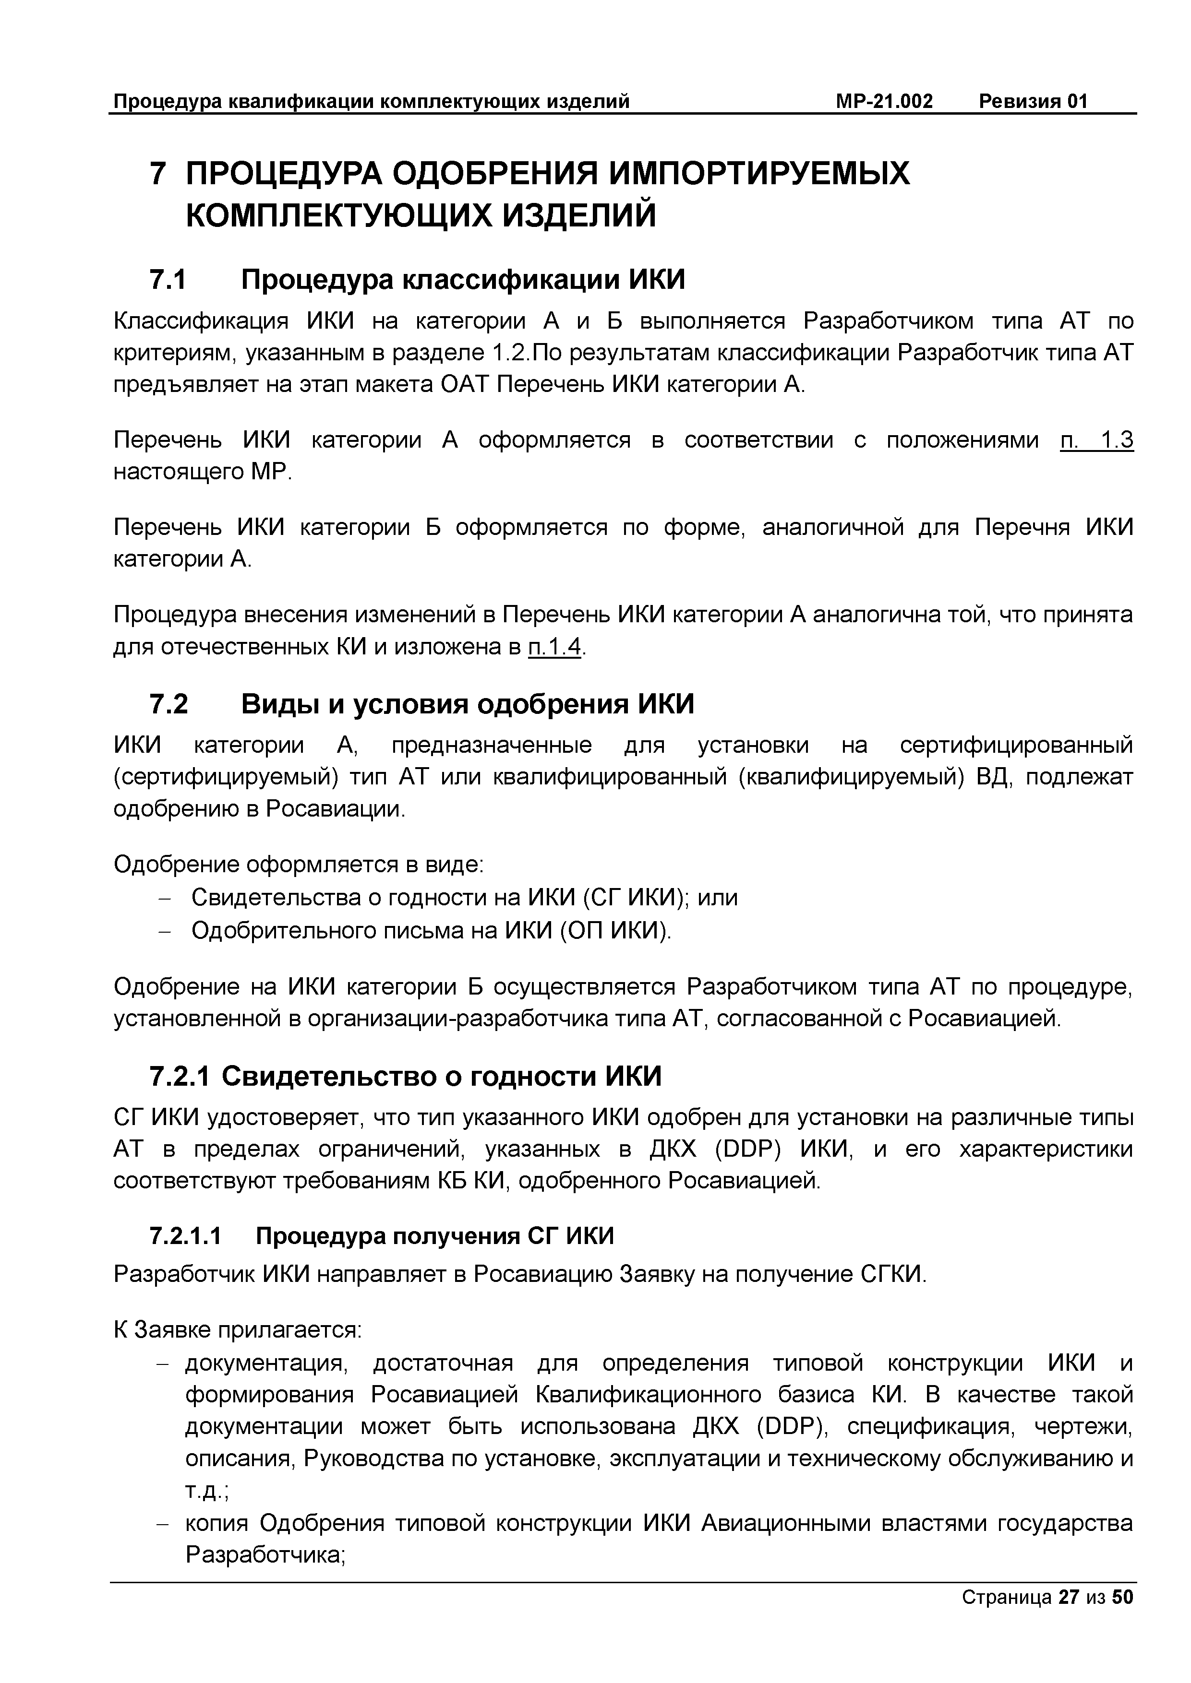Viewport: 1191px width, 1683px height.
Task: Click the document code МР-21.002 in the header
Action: [x=884, y=101]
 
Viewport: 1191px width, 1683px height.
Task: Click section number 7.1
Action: [x=168, y=280]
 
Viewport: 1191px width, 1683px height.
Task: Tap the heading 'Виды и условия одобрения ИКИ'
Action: [x=467, y=704]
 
